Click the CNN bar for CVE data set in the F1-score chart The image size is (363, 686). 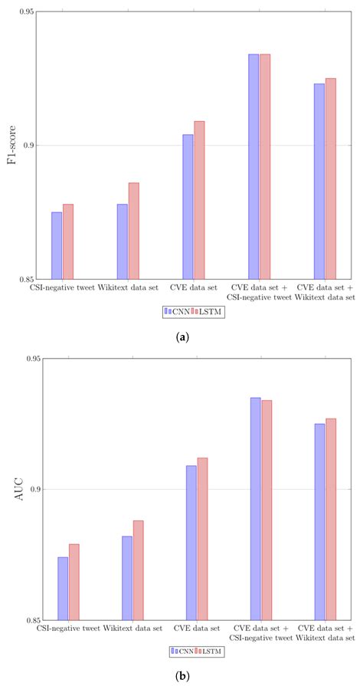pos(188,207)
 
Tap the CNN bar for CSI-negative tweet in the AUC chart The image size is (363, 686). pos(63,588)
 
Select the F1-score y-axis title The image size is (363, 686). pos(14,146)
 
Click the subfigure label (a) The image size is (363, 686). pos(181,336)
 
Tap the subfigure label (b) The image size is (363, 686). pos(181,675)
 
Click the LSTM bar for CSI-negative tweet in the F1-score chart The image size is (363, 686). pos(67,241)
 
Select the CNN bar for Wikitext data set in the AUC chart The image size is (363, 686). pos(127,578)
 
